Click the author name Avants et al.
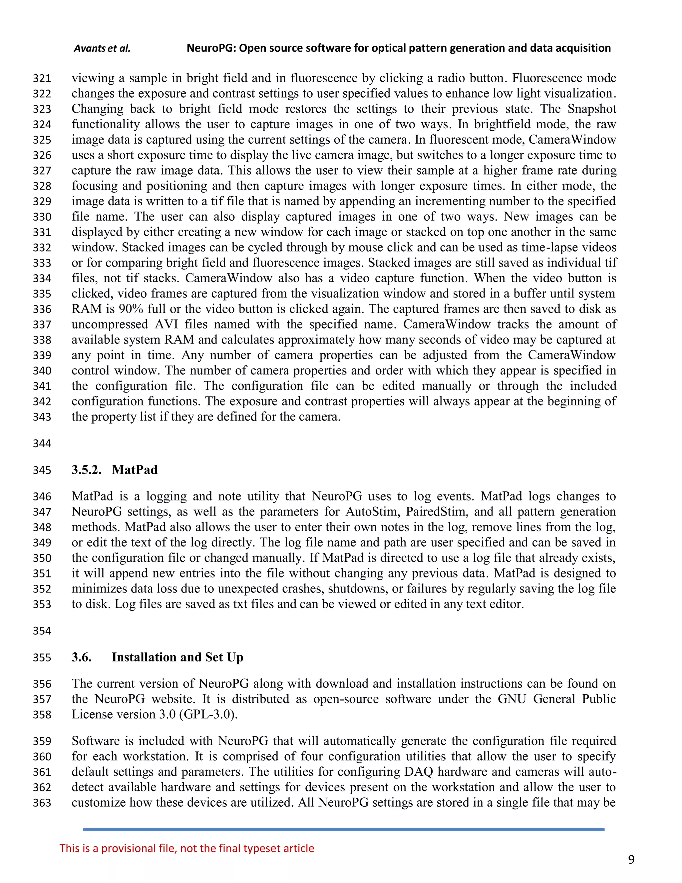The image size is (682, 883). [x=102, y=49]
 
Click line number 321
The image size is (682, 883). [x=42, y=78]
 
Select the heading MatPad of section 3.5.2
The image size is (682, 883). [x=135, y=470]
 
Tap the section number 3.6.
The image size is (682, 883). [x=82, y=657]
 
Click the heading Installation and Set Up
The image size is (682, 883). [x=177, y=657]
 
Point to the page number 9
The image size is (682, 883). [x=631, y=860]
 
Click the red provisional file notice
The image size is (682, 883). [x=187, y=848]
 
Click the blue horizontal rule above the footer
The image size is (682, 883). [x=343, y=829]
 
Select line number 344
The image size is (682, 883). [x=42, y=443]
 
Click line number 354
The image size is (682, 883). [x=42, y=631]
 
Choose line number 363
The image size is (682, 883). [x=42, y=803]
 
